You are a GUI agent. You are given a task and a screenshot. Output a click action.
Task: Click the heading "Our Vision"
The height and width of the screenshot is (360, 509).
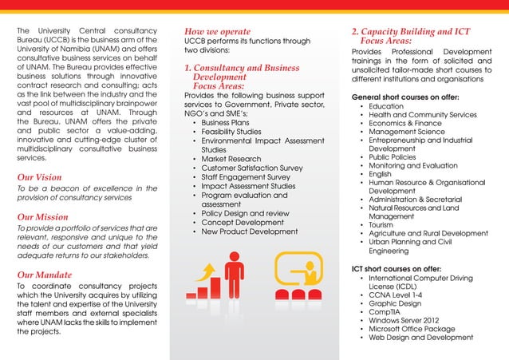(x=39, y=177)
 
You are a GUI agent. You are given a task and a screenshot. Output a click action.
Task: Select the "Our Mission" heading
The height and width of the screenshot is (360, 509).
(x=42, y=217)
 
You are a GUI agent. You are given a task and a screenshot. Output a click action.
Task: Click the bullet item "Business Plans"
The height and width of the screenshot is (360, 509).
(x=225, y=123)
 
